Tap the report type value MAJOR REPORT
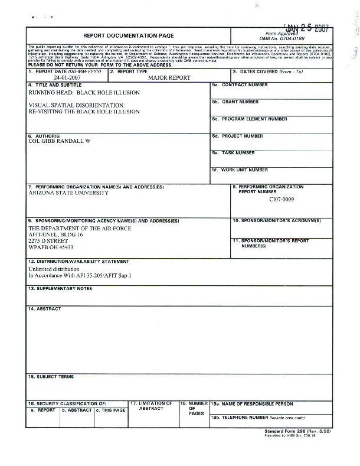coord(169,77)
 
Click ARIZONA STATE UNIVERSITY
coord(65,193)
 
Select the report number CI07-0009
coord(281,199)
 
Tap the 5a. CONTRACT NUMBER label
coord(240,85)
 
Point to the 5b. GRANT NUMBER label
coord(235,102)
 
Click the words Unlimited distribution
coord(54,269)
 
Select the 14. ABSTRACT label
coord(44,309)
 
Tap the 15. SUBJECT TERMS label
coord(51,377)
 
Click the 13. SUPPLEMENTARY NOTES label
coord(60,289)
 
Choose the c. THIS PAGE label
coord(111,410)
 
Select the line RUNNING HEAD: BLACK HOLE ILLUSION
coord(84,93)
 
